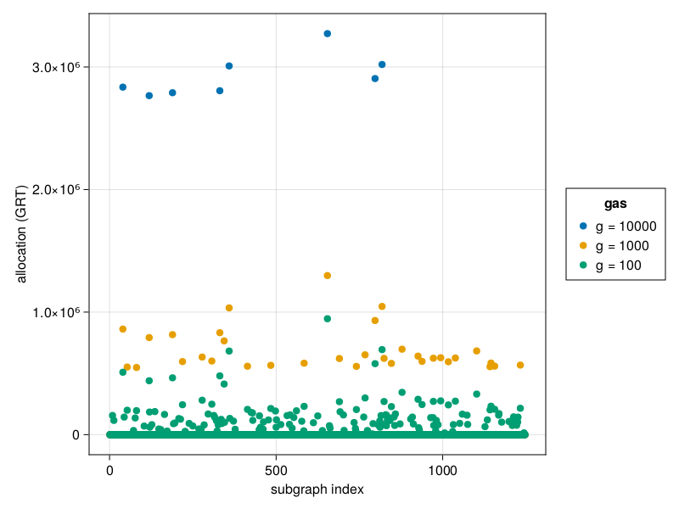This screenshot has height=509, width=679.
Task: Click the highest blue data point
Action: click(328, 33)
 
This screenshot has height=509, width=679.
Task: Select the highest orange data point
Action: click(328, 276)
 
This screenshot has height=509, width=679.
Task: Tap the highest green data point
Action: click(328, 319)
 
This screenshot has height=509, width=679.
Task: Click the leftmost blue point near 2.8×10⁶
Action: click(123, 87)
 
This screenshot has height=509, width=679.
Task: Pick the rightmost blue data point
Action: click(382, 64)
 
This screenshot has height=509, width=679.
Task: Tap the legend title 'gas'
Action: click(616, 204)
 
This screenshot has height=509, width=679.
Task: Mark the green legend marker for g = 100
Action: click(583, 266)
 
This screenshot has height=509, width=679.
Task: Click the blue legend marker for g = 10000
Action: click(583, 226)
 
